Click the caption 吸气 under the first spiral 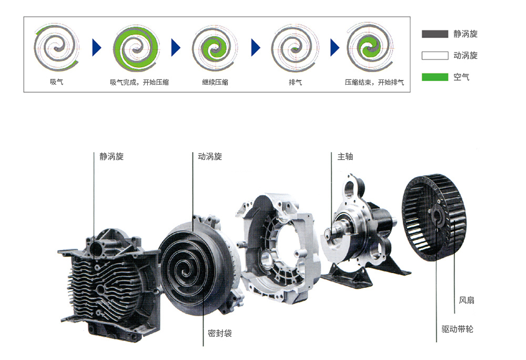(x=56, y=82)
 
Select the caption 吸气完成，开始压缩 (x=139, y=82)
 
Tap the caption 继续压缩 (x=215, y=82)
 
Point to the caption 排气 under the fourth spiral (x=295, y=82)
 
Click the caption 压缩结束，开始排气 (x=375, y=82)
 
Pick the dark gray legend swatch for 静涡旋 (x=435, y=34)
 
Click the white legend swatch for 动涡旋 (x=435, y=55)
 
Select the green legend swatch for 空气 (x=435, y=77)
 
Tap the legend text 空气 (x=461, y=77)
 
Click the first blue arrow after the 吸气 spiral (x=97, y=48)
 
